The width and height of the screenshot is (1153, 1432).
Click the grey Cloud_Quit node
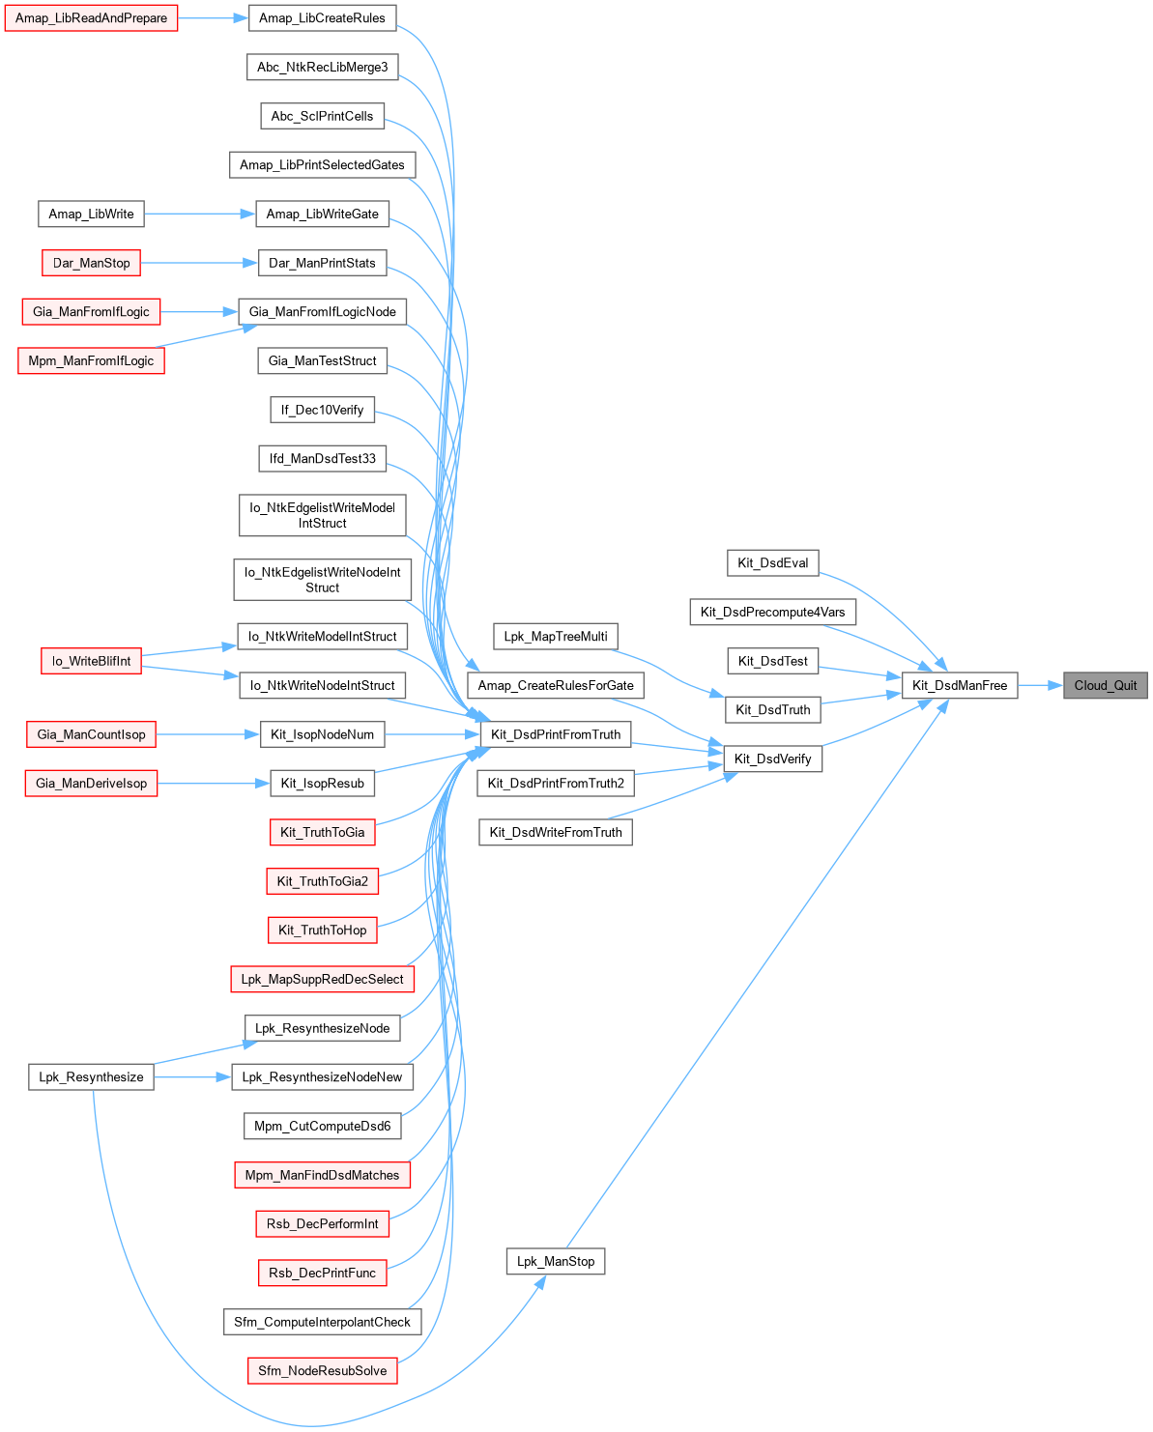(1105, 685)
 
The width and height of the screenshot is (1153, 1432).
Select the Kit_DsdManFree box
(960, 685)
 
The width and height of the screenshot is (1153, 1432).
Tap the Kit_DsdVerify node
(772, 759)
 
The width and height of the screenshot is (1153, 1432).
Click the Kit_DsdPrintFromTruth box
(556, 734)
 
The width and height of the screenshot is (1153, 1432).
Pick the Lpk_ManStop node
(556, 1261)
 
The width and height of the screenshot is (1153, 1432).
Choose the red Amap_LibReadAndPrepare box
(91, 18)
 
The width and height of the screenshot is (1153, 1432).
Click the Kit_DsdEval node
(772, 562)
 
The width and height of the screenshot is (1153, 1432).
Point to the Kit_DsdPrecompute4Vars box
(772, 612)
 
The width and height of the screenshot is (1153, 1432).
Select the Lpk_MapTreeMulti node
(556, 636)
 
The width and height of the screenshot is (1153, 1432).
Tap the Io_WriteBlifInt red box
(91, 661)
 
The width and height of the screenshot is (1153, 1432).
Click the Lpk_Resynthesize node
(91, 1076)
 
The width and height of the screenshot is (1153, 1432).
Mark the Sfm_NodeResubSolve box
(322, 1370)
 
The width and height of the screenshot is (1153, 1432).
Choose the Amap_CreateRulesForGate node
(556, 685)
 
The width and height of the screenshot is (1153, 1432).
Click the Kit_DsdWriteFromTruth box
(556, 832)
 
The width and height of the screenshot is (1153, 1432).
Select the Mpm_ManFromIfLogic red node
(91, 360)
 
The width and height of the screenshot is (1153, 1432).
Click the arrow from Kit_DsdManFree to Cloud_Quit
(1040, 685)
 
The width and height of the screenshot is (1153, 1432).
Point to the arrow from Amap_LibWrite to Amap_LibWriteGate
(199, 214)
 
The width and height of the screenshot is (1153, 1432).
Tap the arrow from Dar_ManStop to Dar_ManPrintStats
(199, 263)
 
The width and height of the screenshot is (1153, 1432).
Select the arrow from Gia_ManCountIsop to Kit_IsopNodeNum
(208, 734)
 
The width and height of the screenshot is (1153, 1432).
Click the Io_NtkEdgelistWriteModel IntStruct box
(322, 515)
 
